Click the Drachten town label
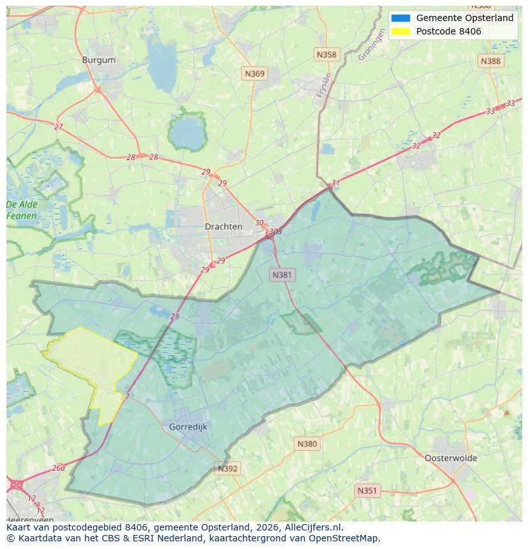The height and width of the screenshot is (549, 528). (x=223, y=226)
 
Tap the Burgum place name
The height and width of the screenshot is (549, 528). (x=99, y=60)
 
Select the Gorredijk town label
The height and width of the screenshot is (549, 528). (x=188, y=427)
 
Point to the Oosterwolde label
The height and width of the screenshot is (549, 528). (x=450, y=458)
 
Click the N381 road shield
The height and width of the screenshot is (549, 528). (x=282, y=275)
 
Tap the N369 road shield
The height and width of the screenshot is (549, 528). (x=254, y=74)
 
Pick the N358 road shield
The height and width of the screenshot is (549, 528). (x=326, y=55)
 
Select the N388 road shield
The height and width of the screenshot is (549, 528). (x=490, y=61)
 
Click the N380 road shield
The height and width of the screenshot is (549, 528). (x=307, y=444)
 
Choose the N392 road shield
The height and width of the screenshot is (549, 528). (x=228, y=469)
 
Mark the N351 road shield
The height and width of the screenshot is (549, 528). (x=367, y=490)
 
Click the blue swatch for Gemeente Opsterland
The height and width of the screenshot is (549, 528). (x=400, y=18)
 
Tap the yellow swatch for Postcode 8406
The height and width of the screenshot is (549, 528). (x=400, y=31)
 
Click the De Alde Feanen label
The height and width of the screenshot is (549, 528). (x=22, y=210)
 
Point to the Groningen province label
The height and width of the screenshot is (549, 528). (x=372, y=46)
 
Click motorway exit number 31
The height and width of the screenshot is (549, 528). (x=335, y=183)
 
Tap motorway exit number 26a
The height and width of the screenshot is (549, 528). (x=59, y=467)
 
